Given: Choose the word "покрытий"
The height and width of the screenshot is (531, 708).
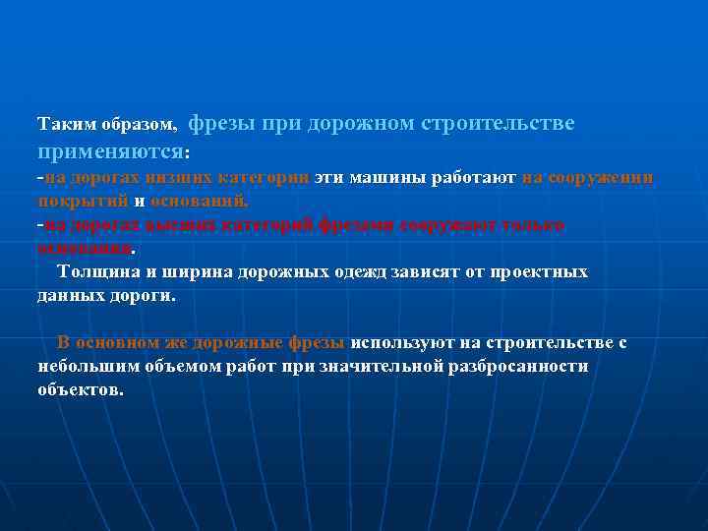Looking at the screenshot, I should [x=82, y=201].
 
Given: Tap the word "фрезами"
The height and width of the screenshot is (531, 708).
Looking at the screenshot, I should [x=355, y=225].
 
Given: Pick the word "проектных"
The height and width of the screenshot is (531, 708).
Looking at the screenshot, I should [x=540, y=271].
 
